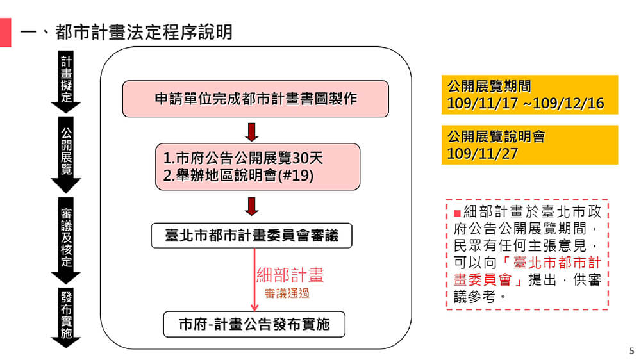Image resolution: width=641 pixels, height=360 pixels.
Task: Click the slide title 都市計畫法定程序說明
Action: pyautogui.click(x=144, y=32)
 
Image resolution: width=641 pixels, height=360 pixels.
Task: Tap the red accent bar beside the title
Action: pyautogui.click(x=5, y=32)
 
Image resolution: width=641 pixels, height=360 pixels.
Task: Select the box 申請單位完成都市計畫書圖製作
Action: pyautogui.click(x=256, y=99)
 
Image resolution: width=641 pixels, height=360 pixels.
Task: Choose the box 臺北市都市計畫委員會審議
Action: pyautogui.click(x=251, y=235)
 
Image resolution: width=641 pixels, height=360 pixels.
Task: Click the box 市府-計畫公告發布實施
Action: pyautogui.click(x=254, y=324)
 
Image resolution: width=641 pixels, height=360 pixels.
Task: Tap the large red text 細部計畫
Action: pyautogui.click(x=290, y=275)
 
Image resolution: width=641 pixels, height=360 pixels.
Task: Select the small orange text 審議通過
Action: pyautogui.click(x=287, y=293)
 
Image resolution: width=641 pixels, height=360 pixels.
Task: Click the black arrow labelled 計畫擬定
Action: pyautogui.click(x=66, y=82)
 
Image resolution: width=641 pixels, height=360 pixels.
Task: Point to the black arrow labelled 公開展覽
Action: pyautogui.click(x=66, y=155)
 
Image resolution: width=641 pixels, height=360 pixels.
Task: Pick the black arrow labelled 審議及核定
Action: pyautogui.click(x=66, y=241)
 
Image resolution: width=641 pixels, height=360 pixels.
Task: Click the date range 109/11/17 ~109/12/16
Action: pyautogui.click(x=526, y=103)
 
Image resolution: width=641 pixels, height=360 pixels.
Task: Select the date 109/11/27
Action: pyautogui.click(x=483, y=154)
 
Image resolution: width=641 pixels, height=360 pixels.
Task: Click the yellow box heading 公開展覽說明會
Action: pyautogui.click(x=496, y=136)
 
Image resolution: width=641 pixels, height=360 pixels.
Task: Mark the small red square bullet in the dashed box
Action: pyautogui.click(x=458, y=213)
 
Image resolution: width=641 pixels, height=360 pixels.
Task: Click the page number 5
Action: pyautogui.click(x=632, y=350)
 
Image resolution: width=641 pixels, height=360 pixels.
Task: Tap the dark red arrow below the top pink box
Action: pyautogui.click(x=252, y=132)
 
